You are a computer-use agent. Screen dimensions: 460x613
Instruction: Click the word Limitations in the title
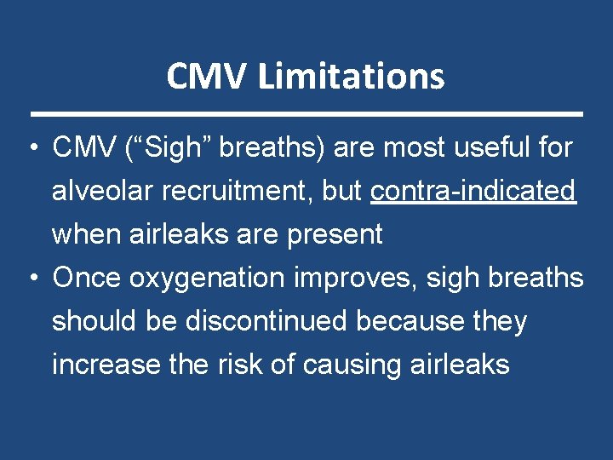[351, 77]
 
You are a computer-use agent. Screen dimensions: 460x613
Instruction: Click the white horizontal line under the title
[306, 113]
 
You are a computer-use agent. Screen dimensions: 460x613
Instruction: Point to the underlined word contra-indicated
[473, 192]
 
